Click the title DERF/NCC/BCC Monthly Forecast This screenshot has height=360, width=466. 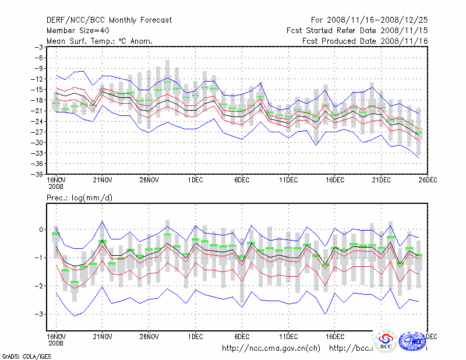pos(109,20)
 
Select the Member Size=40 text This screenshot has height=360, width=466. pos(77,30)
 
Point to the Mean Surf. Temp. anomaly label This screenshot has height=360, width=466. pos(100,41)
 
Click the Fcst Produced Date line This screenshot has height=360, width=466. pos(365,41)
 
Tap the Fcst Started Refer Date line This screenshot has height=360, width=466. pos(357,30)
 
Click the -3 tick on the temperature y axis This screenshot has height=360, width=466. pos(39,47)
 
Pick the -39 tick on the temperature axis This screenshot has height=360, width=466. pos(37,174)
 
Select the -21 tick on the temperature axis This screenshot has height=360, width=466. pos(37,111)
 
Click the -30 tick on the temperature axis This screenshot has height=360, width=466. pos(37,143)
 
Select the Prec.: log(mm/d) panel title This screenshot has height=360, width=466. pos(79,198)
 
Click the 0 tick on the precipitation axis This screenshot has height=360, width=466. pos(41,230)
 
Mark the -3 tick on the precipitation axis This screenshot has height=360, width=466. pos(39,314)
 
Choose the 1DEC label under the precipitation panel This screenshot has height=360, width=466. pos(195,336)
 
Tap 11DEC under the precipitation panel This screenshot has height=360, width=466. pos(288,336)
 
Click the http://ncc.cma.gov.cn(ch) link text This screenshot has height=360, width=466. pos(271,348)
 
